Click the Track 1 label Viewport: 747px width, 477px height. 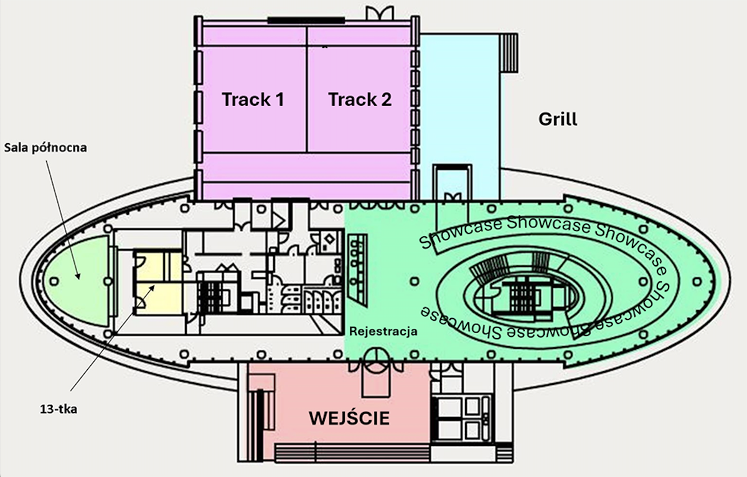tap(253, 99)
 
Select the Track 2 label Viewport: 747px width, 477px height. tap(360, 99)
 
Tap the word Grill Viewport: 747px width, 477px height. tap(558, 118)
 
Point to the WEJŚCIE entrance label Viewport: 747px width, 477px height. tap(349, 418)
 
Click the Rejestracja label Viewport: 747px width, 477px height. tap(383, 331)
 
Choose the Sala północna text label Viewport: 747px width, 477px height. tap(45, 148)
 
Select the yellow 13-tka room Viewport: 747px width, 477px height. tap(159, 283)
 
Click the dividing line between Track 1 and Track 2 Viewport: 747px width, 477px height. tap(307, 112)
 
